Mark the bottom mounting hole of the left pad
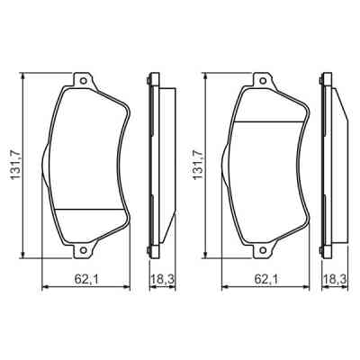point(85,252)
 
